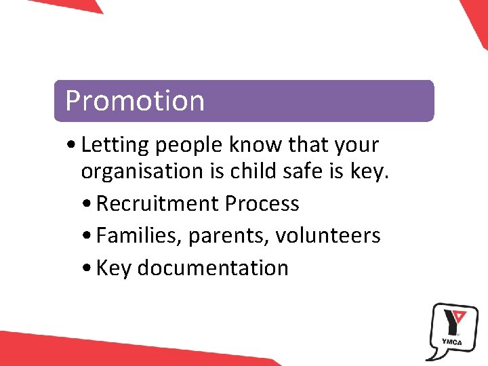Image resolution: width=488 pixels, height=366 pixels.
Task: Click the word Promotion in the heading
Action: pos(134,100)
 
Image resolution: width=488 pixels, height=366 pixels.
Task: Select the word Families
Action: pos(139,236)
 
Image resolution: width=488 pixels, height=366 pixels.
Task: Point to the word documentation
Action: pos(213,268)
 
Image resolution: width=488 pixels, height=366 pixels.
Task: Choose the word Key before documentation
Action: pos(113,268)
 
